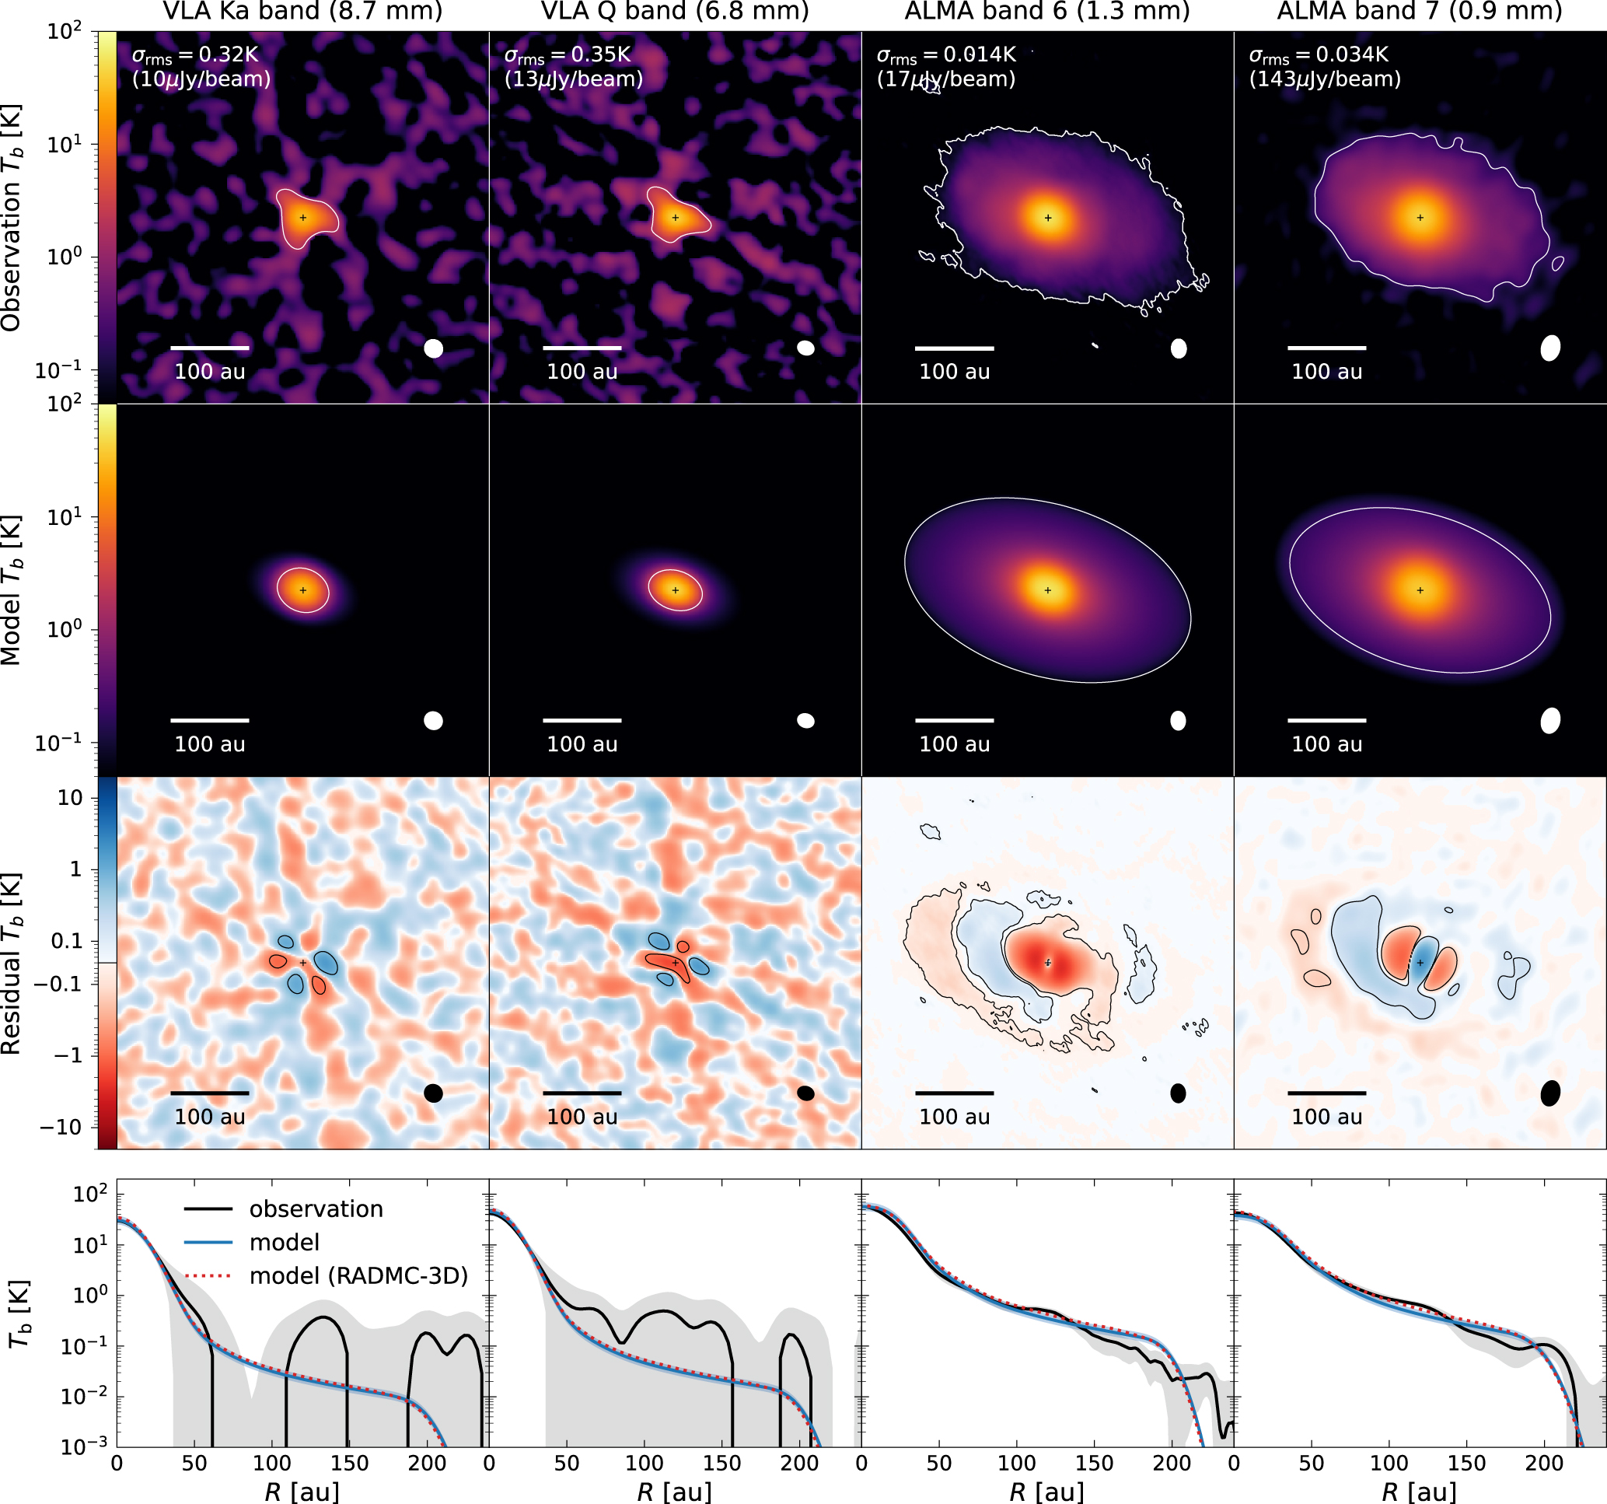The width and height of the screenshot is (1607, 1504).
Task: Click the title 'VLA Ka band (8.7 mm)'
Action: (302, 12)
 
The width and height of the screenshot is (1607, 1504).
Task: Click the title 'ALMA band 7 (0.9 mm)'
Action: (1420, 12)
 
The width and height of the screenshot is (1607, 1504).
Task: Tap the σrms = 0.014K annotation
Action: (945, 55)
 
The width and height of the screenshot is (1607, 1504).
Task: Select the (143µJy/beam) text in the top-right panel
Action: (1325, 79)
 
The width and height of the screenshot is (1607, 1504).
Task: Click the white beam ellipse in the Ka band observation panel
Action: (433, 348)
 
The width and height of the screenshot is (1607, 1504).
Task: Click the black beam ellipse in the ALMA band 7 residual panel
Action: (1549, 1093)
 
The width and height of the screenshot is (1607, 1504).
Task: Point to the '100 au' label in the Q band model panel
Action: (582, 744)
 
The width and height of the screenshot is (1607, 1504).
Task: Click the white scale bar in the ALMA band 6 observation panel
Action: (954, 348)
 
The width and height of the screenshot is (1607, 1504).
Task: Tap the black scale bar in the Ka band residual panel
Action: (209, 1093)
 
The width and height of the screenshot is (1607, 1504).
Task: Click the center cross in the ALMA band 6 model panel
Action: (1048, 590)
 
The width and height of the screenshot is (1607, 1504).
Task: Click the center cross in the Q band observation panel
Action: (675, 218)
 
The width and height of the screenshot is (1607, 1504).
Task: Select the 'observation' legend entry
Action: (315, 1208)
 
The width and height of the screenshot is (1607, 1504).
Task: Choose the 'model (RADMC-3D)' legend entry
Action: (358, 1275)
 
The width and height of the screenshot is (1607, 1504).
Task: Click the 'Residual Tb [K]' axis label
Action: (12, 963)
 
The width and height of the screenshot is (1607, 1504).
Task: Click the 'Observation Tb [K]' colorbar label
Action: (12, 218)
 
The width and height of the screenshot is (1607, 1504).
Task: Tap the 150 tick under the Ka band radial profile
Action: (349, 1463)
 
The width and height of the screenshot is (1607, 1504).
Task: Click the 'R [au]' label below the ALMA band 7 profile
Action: (1420, 1491)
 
